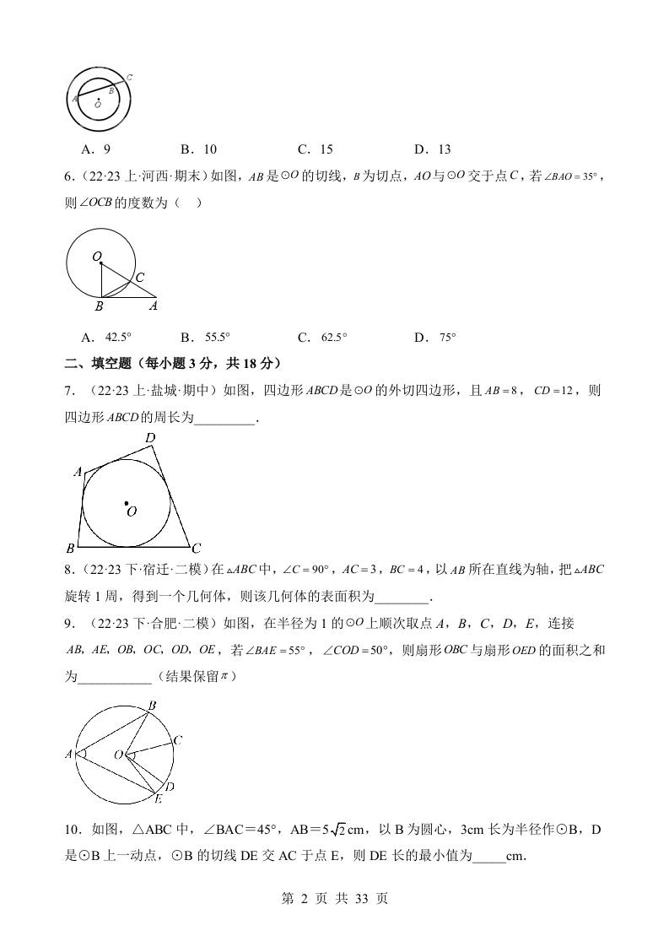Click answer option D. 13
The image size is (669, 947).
pyautogui.click(x=432, y=149)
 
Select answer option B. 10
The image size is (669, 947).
pyautogui.click(x=198, y=149)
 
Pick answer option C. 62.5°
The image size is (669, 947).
pyautogui.click(x=321, y=338)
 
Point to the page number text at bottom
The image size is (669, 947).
pyautogui.click(x=334, y=899)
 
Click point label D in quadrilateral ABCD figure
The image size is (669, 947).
pyautogui.click(x=150, y=438)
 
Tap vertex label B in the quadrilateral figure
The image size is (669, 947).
pyautogui.click(x=70, y=548)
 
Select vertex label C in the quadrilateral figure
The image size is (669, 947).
pyautogui.click(x=196, y=547)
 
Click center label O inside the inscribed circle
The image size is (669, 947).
pyautogui.click(x=132, y=511)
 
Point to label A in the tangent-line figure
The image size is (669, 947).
pyautogui.click(x=154, y=306)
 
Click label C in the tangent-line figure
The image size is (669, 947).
pyautogui.click(x=140, y=277)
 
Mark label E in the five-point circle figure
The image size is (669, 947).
pyautogui.click(x=158, y=797)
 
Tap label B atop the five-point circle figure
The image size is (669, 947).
pyautogui.click(x=152, y=706)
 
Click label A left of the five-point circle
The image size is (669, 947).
pyautogui.click(x=69, y=754)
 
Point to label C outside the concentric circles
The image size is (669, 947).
pyautogui.click(x=128, y=78)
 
